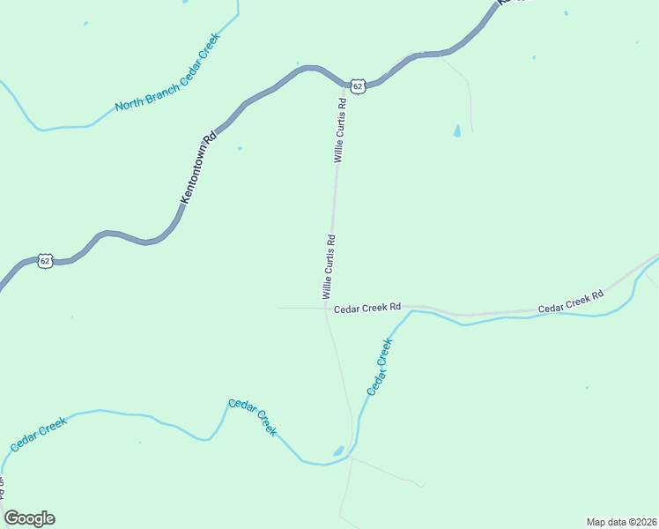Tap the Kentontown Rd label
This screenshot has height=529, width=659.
pos(197,170)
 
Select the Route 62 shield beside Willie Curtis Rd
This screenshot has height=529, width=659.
pos(356,85)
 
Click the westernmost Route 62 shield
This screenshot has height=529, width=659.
pos(46,260)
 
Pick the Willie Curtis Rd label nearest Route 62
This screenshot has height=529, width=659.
pos(340,130)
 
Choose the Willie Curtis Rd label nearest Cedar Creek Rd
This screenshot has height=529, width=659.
pos(328,264)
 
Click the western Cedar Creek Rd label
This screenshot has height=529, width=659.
pos(367,307)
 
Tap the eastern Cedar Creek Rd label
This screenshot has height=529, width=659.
pos(571,300)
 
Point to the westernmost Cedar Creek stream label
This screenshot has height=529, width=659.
pos(39,435)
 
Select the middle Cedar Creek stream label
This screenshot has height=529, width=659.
pos(253,417)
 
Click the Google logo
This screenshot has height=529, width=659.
pos(29,518)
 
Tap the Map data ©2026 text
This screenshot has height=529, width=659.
pos(621,520)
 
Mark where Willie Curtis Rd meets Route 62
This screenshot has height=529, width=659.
pos(344,87)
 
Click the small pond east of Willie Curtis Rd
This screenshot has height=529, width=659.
pos(456,131)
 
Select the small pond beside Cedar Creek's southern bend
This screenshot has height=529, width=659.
pos(338,451)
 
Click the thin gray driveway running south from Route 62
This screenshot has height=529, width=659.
pos(468,97)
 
